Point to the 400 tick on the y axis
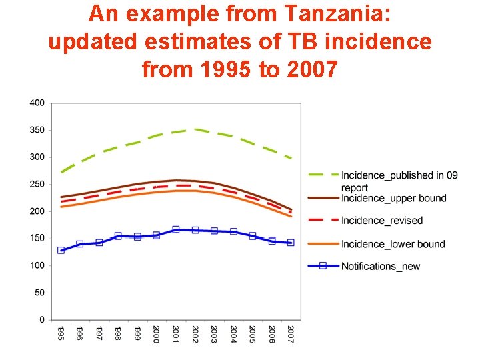(37, 103)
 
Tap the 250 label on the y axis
(37, 184)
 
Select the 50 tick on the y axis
(39, 293)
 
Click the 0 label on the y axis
(42, 320)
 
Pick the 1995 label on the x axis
(61, 333)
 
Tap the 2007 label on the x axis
(291, 333)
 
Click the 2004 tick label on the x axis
(233, 333)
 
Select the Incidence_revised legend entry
(382, 221)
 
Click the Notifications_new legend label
(381, 266)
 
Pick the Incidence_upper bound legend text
(394, 198)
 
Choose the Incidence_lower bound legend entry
(393, 244)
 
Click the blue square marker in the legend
(323, 266)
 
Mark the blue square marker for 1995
(61, 250)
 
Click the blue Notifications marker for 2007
(291, 243)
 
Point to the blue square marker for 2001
(176, 229)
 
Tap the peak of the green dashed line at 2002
(195, 129)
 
